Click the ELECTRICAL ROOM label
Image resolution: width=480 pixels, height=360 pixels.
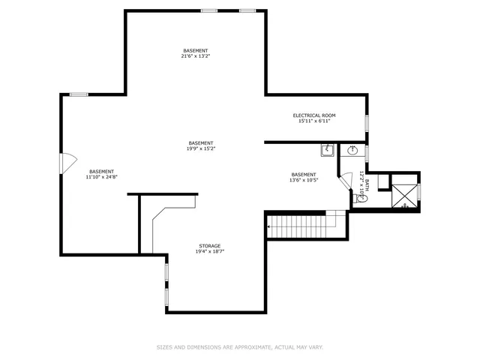tap(313, 115)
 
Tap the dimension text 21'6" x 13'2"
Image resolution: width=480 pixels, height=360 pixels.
tap(195, 56)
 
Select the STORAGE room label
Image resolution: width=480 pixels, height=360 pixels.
tap(210, 245)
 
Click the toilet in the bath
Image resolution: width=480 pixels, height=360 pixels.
tap(355, 198)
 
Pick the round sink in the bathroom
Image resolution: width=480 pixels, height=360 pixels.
tap(352, 151)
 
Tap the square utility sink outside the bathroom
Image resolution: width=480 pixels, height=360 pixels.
tap(328, 151)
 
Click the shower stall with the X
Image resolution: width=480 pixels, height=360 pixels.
tap(404, 194)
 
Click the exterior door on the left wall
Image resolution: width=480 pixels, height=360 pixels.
tap(65, 161)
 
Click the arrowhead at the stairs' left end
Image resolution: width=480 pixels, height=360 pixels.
tap(268, 223)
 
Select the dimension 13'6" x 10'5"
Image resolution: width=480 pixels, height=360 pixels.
tap(304, 180)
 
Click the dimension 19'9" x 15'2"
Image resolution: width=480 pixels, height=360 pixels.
tap(201, 148)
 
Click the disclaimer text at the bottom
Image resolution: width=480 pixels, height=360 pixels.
tap(239, 347)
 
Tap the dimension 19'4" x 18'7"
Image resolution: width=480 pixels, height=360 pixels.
tap(210, 251)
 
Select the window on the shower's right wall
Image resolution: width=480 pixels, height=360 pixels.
tap(419, 192)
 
